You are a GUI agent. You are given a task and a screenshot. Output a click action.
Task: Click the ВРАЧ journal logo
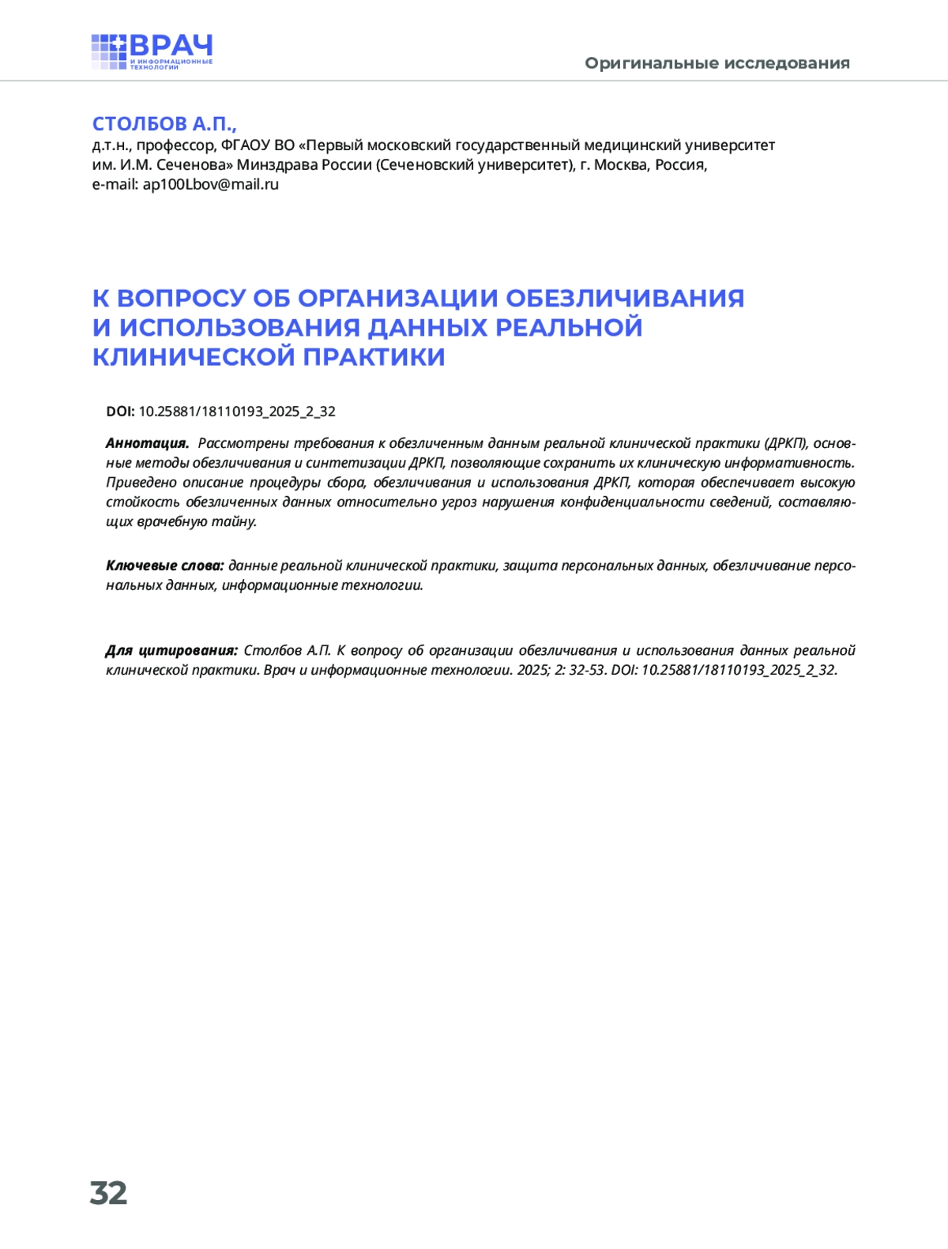click(x=152, y=51)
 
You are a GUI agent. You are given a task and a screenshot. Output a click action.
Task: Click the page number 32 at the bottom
click(x=108, y=1193)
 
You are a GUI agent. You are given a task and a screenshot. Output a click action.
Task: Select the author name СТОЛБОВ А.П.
click(x=164, y=124)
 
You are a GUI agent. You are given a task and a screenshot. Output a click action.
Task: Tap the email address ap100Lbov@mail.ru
click(x=211, y=185)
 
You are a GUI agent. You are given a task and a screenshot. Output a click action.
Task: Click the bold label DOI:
click(x=120, y=412)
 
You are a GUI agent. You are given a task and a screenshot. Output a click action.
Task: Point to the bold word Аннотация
click(x=147, y=443)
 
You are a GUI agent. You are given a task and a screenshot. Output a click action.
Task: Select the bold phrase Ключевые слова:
click(x=165, y=566)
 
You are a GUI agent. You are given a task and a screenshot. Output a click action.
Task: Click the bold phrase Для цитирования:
click(x=171, y=651)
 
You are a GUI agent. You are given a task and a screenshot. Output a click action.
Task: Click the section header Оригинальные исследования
click(x=717, y=63)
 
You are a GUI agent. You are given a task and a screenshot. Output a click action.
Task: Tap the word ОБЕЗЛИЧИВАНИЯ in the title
click(x=625, y=298)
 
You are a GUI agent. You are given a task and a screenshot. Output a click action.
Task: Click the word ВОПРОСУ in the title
click(x=181, y=298)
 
